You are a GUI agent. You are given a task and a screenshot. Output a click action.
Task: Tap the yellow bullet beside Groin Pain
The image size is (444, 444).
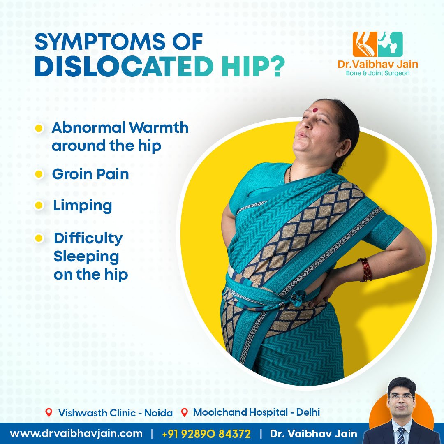tap(39, 174)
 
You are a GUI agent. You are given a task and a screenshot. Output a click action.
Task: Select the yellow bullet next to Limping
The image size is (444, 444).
tap(39, 206)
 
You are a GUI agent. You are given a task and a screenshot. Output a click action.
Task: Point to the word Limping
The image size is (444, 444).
tap(82, 206)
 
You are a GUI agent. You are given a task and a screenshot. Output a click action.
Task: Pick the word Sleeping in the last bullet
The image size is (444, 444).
tap(86, 257)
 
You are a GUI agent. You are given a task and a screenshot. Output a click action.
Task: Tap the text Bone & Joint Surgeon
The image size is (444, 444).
tap(378, 73)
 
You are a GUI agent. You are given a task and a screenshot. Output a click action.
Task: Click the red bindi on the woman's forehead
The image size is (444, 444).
tap(315, 111)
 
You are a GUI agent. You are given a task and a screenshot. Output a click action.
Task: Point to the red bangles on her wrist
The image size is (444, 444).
tap(365, 270)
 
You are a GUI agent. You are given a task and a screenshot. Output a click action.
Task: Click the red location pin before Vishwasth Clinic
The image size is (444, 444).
tap(49, 412)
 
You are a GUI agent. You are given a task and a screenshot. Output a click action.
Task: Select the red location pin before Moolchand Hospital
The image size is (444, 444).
tap(185, 412)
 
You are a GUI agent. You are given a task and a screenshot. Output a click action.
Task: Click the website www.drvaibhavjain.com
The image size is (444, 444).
tap(76, 434)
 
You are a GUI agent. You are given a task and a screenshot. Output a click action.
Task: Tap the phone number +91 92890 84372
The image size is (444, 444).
tap(206, 434)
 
